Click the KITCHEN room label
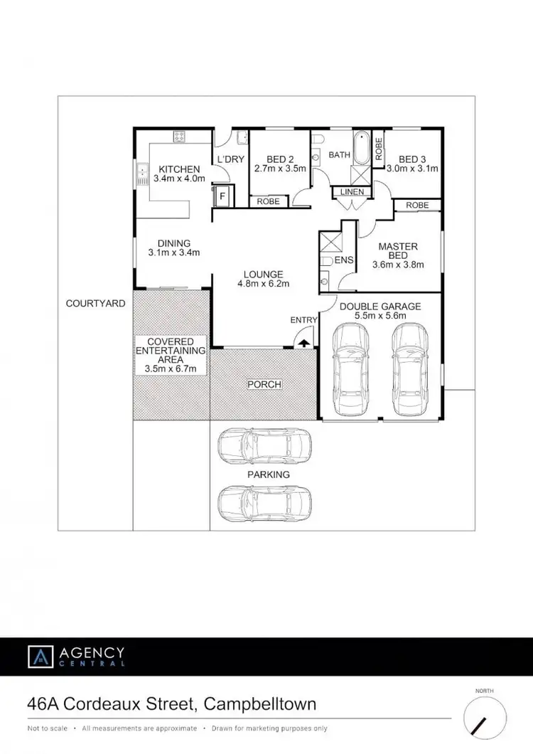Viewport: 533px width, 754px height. pyautogui.click(x=179, y=169)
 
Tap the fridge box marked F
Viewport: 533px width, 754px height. pyautogui.click(x=222, y=194)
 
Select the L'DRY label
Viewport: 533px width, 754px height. pyautogui.click(x=230, y=159)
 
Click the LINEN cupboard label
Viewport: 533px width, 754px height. pyautogui.click(x=352, y=191)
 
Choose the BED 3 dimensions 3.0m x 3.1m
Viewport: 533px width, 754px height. pyautogui.click(x=412, y=169)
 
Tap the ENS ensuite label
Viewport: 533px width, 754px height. pyautogui.click(x=344, y=261)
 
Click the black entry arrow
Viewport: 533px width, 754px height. pyautogui.click(x=303, y=343)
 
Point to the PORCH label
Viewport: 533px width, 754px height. pyautogui.click(x=264, y=384)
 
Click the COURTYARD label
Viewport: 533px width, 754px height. pyautogui.click(x=95, y=303)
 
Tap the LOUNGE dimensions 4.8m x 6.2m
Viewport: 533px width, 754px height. pyautogui.click(x=264, y=284)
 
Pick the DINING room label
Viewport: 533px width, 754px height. pyautogui.click(x=174, y=243)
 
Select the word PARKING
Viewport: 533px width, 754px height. pyautogui.click(x=269, y=474)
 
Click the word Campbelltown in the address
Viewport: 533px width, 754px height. pyautogui.click(x=259, y=705)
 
